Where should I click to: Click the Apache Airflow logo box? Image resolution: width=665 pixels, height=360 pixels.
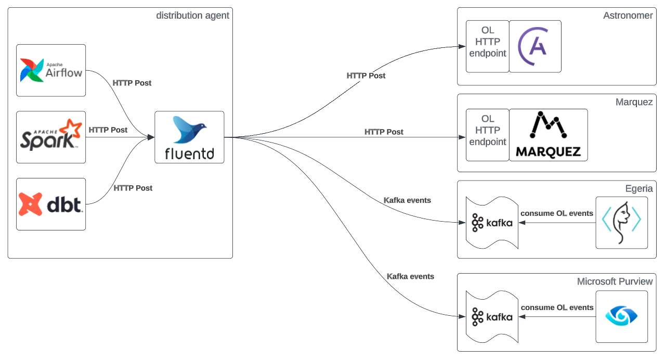pos(51,70)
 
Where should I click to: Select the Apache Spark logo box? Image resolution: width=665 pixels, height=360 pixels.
pos(51,137)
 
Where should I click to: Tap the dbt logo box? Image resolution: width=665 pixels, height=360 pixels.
pos(51,204)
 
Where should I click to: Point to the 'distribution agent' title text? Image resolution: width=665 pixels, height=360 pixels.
pos(192,16)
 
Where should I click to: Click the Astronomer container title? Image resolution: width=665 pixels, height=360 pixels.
pos(628,16)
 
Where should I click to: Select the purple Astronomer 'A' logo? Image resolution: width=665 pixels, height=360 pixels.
pos(535,46)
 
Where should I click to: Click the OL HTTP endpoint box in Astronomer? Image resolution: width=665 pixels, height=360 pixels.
pos(487,46)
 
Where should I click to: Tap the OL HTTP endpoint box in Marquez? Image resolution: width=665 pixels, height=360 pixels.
pos(487,135)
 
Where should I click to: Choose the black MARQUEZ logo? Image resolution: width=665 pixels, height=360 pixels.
pos(548,135)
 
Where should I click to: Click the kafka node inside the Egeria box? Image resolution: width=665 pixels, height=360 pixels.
pos(492,223)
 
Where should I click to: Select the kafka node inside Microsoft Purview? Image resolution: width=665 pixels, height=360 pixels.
pos(492,316)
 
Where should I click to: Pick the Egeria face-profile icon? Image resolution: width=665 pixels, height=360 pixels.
pos(621,222)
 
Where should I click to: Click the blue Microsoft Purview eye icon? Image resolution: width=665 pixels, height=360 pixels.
pos(621,316)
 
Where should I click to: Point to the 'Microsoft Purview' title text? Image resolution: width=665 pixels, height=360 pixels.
pos(615,281)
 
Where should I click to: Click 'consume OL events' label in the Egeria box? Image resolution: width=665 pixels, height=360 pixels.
pos(556,213)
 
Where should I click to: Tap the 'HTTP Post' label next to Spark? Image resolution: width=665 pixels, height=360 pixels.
pos(108,130)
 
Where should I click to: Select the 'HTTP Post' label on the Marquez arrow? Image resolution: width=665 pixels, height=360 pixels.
pos(384,132)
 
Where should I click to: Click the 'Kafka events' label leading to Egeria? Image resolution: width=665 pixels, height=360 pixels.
pos(407,200)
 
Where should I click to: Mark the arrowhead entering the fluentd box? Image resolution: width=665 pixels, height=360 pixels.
pos(151,137)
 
